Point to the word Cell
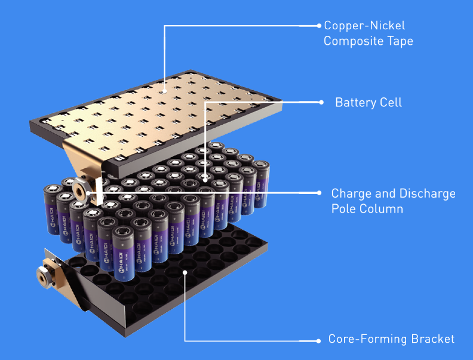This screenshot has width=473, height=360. [x=390, y=103]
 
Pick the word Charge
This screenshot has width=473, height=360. [x=351, y=194]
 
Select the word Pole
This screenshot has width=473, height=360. [x=343, y=209]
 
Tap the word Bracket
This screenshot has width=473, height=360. [x=431, y=339]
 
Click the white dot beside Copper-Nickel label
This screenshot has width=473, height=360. [x=319, y=26]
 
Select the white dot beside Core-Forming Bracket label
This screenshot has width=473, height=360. [x=319, y=340]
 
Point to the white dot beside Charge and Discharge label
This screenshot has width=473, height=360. [x=319, y=192]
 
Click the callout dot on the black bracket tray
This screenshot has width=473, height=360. [x=186, y=272]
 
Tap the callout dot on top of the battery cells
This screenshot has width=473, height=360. [x=205, y=177]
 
